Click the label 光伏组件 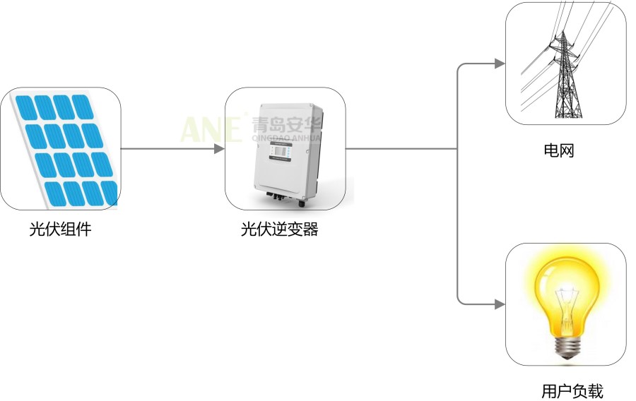[60, 229]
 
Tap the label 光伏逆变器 [279, 229]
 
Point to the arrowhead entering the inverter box [219, 149]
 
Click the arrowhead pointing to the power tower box [500, 64]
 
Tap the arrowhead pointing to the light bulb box [500, 304]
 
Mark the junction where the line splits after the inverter [458, 149]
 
